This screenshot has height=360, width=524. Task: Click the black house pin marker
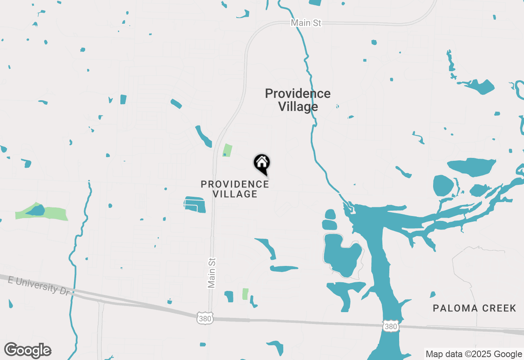click(262, 163)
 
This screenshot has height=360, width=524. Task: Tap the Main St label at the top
click(306, 23)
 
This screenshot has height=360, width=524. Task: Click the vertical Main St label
click(212, 272)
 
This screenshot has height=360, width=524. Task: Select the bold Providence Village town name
click(298, 100)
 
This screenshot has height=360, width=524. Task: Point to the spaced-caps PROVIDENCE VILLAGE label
click(235, 189)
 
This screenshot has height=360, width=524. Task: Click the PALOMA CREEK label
click(474, 308)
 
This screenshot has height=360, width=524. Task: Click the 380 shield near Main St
click(205, 318)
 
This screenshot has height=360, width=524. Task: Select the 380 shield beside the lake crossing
click(391, 326)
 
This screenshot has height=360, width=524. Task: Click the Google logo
click(28, 350)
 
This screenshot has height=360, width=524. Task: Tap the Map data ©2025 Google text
click(473, 354)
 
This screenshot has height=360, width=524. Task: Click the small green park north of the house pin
click(227, 150)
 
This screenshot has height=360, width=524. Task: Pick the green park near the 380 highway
click(245, 294)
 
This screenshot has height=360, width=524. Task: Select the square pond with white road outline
click(194, 204)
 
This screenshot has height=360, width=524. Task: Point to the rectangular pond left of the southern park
click(229, 297)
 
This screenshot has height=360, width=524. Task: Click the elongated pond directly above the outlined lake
click(330, 225)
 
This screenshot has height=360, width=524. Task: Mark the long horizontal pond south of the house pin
click(284, 269)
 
